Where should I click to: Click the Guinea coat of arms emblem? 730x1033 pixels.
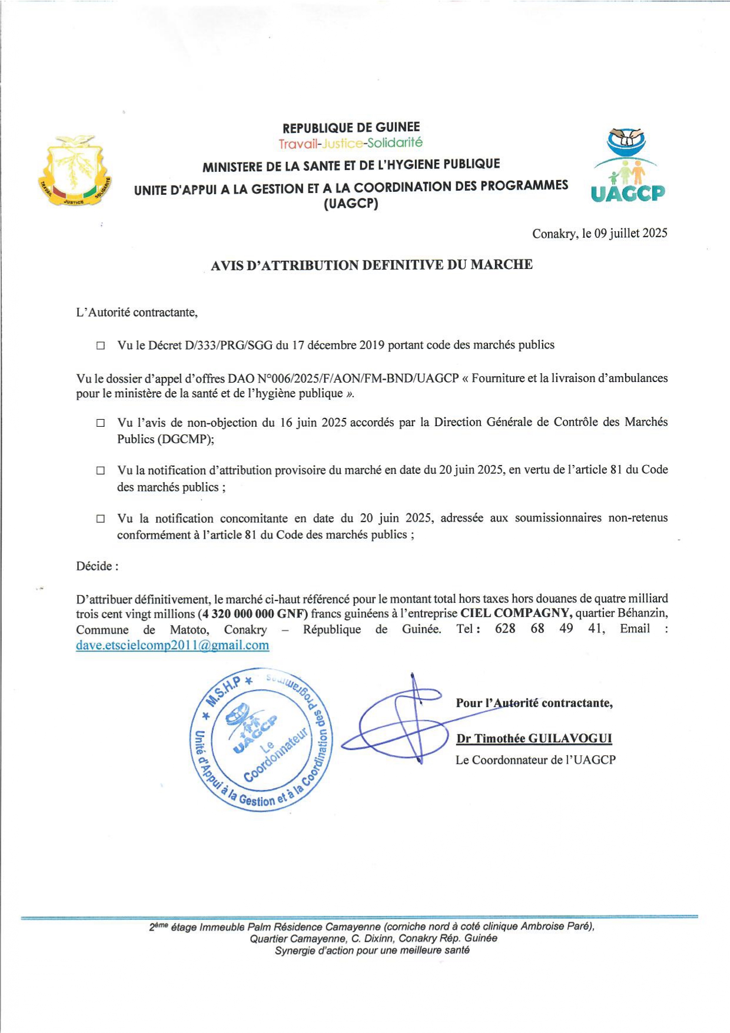point(75,171)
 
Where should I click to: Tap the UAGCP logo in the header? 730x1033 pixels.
point(628,167)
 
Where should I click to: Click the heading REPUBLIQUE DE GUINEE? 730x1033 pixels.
point(351,127)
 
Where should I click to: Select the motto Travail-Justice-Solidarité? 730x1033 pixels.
point(350,143)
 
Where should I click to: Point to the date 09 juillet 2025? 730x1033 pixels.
point(631,233)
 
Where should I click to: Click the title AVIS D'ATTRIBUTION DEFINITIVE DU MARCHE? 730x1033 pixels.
point(371,265)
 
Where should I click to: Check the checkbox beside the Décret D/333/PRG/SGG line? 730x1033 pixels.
point(101,346)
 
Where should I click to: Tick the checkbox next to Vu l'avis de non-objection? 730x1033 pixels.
point(101,423)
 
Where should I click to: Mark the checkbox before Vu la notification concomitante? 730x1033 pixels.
point(101,519)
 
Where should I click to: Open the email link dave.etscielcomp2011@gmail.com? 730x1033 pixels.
point(172,645)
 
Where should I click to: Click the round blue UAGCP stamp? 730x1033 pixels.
point(261,740)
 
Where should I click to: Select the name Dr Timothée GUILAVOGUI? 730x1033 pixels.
point(534,739)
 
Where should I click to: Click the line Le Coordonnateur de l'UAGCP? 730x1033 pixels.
point(535,760)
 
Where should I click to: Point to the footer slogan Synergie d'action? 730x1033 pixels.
point(371,950)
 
